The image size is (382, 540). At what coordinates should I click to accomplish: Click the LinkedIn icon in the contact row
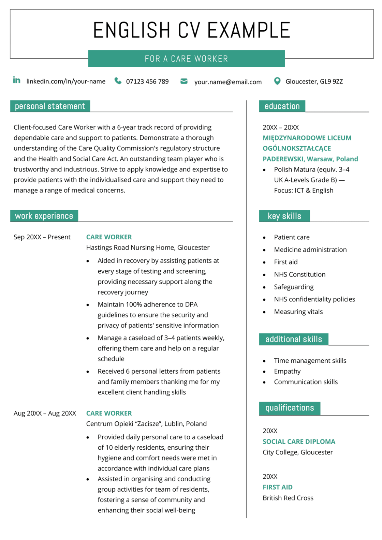(16, 80)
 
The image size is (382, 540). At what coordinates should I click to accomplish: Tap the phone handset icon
(118, 81)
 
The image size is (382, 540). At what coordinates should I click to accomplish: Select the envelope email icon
(184, 81)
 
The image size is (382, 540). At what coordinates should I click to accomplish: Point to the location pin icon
(277, 81)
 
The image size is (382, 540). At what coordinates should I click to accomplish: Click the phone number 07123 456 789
(147, 81)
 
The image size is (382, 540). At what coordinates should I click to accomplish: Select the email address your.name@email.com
(228, 82)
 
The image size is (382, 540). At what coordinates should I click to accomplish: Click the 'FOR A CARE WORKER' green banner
(186, 59)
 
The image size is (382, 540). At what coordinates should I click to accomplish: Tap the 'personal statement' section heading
(50, 106)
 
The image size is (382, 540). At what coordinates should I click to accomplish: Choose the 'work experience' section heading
(44, 216)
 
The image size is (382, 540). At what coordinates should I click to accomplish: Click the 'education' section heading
(282, 106)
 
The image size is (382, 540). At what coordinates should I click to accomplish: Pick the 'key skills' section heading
(284, 216)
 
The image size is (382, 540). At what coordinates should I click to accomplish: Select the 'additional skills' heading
(294, 339)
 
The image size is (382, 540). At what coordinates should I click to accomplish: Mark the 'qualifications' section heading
(290, 408)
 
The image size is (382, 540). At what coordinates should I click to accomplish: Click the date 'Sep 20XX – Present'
(42, 237)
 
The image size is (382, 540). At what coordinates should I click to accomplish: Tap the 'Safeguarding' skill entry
(294, 287)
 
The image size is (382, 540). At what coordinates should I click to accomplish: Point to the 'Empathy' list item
(287, 371)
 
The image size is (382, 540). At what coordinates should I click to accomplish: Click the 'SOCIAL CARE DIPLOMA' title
(299, 441)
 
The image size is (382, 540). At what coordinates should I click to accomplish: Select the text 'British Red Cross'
(288, 498)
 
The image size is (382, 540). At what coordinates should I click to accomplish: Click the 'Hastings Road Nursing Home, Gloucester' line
(148, 247)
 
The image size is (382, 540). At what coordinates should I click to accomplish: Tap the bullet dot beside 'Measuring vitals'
(264, 312)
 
